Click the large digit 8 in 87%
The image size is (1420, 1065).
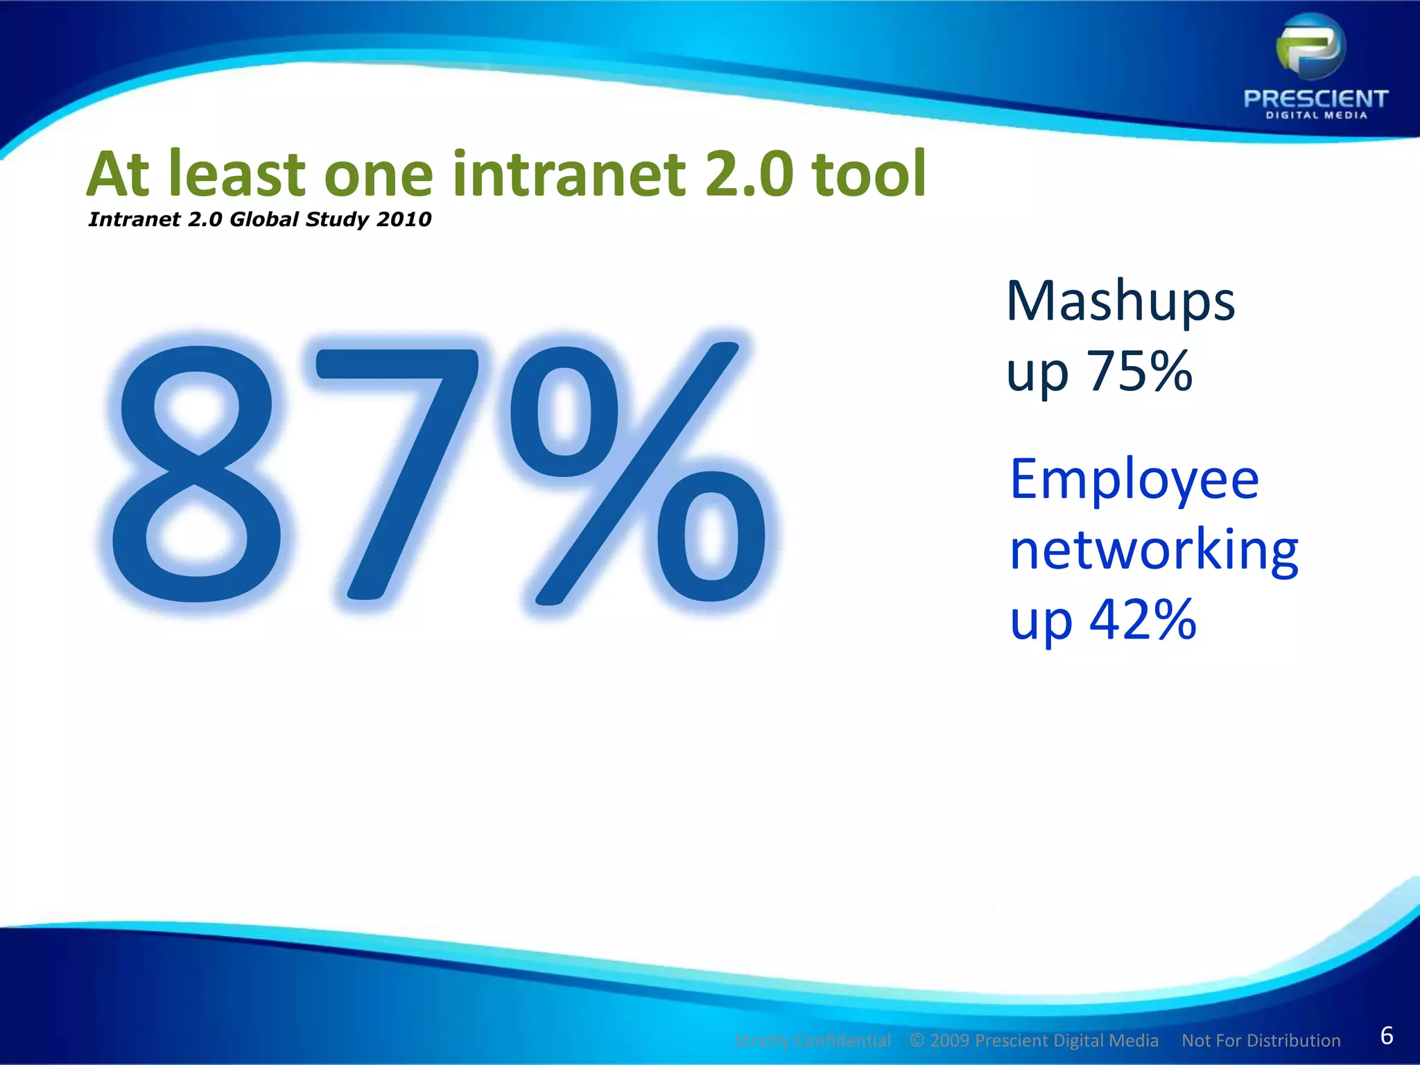[x=198, y=473]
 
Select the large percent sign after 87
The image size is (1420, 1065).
[x=638, y=473]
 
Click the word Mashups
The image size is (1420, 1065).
[x=1120, y=302]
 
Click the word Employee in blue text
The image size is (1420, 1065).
[x=1134, y=480]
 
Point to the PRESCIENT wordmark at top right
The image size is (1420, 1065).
[x=1315, y=98]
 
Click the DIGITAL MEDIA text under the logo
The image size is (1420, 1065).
[x=1316, y=116]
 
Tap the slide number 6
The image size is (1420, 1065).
[x=1387, y=1035]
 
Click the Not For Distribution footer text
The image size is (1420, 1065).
[x=1261, y=1041]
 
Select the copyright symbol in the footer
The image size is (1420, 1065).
[x=917, y=1040]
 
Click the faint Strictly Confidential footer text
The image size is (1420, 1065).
[x=812, y=1041]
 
